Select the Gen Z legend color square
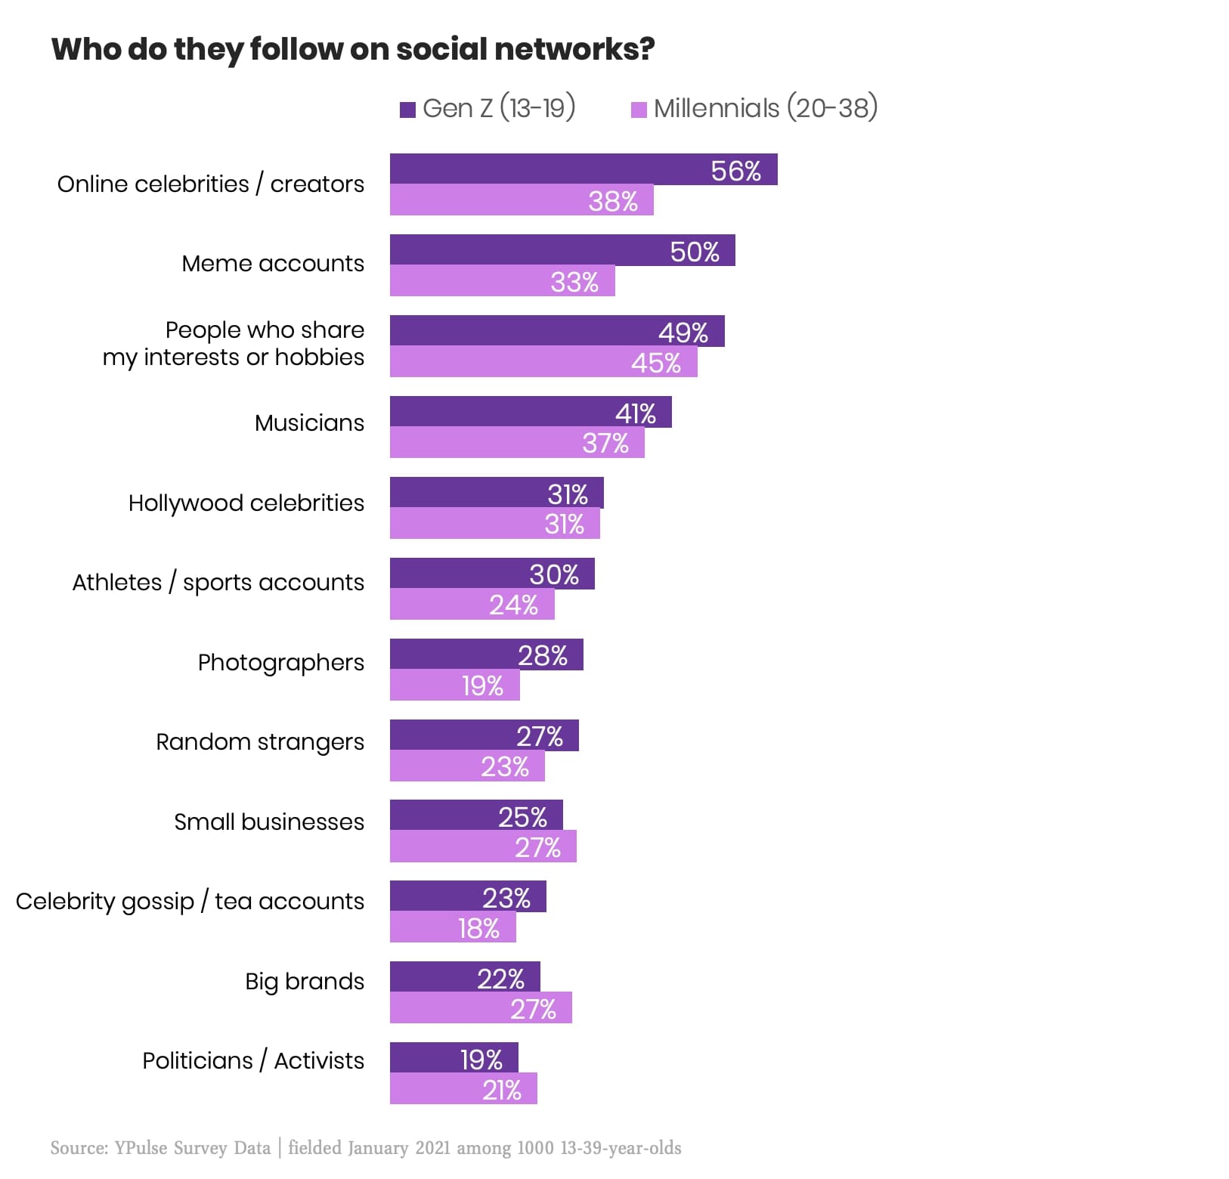407,110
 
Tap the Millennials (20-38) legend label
766,108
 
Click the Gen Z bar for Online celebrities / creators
584,169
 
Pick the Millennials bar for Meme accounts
503,281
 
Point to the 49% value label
683,333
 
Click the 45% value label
656,364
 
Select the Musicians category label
309,422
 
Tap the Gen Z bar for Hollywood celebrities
497,493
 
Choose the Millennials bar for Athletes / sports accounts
472,605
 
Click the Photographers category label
281,663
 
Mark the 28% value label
543,656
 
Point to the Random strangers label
260,742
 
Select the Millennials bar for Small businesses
483,846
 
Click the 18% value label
479,928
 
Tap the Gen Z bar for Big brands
465,976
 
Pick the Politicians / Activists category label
253,1061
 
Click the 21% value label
502,1091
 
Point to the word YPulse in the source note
141,1148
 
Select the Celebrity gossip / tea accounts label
190,902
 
